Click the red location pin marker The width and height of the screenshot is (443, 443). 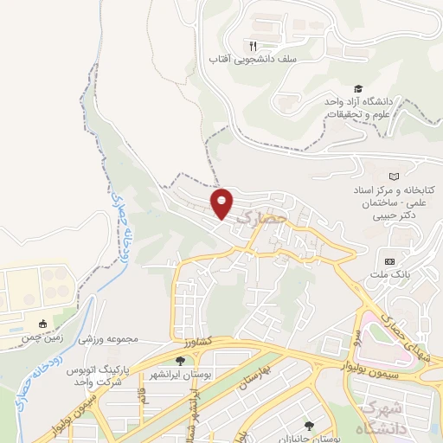[x=222, y=202]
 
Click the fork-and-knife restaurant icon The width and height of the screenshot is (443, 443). [x=253, y=45]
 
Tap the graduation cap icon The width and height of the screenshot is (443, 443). [x=357, y=88]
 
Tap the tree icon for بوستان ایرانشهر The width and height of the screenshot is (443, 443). [x=180, y=361]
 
